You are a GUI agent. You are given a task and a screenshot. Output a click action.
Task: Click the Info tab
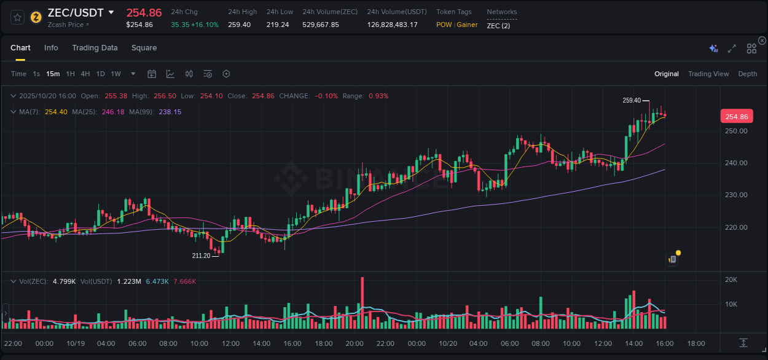(51, 48)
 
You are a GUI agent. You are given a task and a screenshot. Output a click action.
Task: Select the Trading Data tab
(95, 48)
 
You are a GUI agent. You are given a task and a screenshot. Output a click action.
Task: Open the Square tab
(144, 48)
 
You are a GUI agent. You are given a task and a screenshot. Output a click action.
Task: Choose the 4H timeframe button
(85, 74)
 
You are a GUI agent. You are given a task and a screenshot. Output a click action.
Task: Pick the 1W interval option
(116, 74)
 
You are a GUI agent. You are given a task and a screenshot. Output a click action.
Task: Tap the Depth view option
(747, 74)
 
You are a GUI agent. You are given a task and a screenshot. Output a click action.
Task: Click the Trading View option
(708, 74)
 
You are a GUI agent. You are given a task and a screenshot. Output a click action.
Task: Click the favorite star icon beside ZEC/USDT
(18, 17)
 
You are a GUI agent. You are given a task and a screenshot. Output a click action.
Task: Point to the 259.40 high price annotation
(631, 100)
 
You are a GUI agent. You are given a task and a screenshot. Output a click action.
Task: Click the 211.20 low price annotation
(201, 256)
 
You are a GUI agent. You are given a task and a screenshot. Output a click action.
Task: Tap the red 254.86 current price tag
(736, 117)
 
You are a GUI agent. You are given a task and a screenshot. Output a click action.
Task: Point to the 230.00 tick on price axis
(735, 195)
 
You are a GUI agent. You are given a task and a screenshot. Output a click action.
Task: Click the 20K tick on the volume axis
(731, 280)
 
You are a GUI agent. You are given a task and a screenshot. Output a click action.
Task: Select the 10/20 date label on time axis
(448, 343)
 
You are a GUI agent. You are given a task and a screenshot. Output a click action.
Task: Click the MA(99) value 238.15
(170, 112)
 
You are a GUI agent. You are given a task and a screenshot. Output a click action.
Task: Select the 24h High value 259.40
(239, 25)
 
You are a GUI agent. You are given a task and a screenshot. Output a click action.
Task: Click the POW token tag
(444, 25)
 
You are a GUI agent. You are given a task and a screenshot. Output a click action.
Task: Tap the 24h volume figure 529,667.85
(320, 25)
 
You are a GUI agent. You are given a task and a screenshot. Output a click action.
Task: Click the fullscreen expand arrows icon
(732, 49)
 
